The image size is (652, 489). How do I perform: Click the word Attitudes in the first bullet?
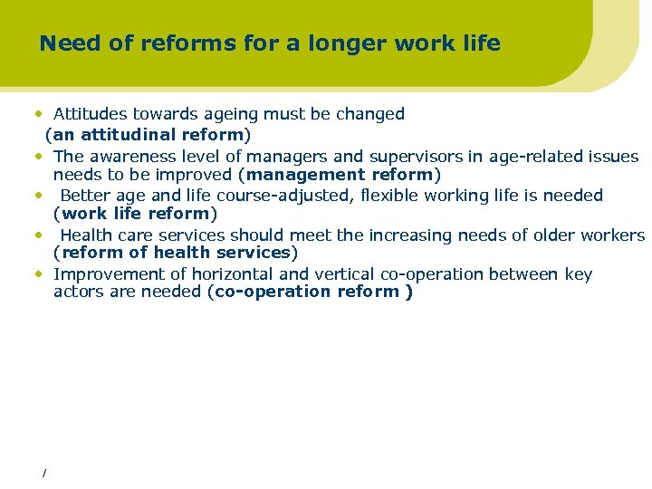[90, 114]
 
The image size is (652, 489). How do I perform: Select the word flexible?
[388, 196]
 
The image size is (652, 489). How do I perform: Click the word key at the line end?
[578, 274]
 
